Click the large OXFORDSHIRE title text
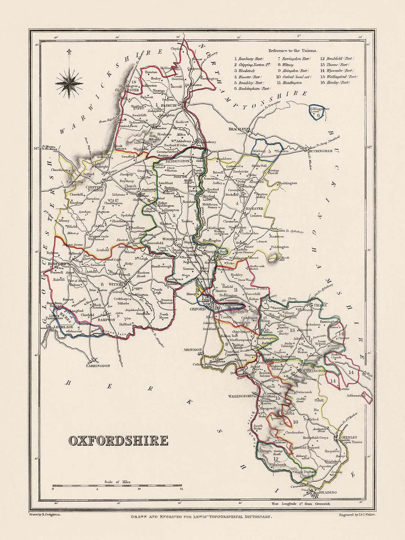pos(118,440)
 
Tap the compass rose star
pos(69,83)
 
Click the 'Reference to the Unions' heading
pos(292,50)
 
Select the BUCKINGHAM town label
pos(323,152)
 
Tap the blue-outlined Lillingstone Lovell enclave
pos(318,112)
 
